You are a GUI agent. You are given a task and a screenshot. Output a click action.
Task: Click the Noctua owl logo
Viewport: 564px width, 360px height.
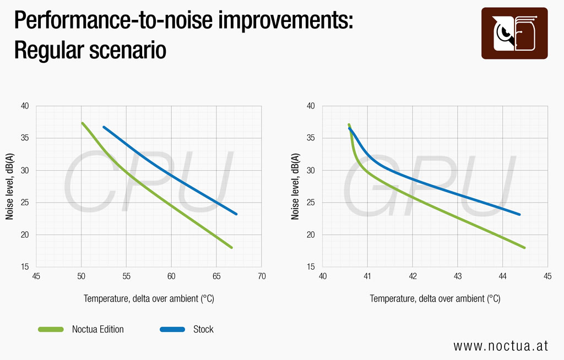coord(514,33)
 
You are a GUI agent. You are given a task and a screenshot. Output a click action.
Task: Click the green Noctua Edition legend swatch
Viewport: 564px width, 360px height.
coord(51,329)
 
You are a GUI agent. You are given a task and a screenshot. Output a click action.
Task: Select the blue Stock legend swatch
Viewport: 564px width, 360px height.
coord(172,329)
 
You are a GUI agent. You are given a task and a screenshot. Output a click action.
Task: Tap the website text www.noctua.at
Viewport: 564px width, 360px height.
coord(501,346)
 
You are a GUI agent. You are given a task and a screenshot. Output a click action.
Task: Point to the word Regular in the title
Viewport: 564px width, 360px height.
coord(49,50)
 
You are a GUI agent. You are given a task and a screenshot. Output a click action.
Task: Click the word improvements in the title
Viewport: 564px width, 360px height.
coord(286,20)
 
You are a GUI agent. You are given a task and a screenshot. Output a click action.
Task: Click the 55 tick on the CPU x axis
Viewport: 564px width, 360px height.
coord(126,276)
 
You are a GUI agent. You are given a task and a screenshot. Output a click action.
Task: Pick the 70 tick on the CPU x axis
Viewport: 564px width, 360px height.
coord(262,276)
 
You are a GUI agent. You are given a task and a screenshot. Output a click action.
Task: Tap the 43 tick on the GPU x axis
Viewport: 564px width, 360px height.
coord(458,276)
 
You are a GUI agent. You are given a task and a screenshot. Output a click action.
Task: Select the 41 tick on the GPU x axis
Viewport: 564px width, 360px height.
coord(367,276)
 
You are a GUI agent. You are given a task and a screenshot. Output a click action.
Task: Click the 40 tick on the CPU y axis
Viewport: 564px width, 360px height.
coord(25,106)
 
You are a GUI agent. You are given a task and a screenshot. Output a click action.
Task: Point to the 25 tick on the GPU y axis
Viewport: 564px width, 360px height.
coord(311,203)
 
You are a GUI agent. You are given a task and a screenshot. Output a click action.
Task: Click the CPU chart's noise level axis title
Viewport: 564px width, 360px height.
coord(10,186)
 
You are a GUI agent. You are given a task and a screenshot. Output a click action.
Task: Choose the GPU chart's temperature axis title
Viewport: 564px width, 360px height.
coord(435,298)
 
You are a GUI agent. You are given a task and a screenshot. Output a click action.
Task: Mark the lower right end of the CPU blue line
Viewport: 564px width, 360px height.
coord(236,214)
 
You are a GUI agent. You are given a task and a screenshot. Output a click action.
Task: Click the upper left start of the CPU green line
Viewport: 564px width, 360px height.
coord(83,123)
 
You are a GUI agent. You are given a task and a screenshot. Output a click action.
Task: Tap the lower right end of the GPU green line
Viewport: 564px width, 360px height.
coord(524,248)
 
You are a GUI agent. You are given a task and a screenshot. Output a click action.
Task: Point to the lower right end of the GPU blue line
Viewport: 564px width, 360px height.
coord(519,214)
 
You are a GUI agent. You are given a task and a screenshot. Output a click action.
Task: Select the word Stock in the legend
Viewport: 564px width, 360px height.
coord(203,329)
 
